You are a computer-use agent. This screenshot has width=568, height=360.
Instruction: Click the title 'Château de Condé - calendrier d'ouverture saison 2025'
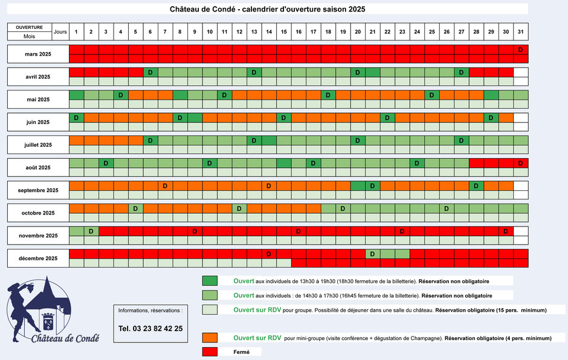point(267,9)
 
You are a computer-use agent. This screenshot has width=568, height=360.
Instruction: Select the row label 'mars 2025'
point(38,54)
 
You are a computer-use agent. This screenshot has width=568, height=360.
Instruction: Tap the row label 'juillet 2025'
point(38,145)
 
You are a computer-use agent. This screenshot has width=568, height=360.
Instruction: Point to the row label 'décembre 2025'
point(38,259)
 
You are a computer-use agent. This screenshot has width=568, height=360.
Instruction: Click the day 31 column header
point(520,31)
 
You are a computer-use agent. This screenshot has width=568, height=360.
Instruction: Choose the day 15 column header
point(284,31)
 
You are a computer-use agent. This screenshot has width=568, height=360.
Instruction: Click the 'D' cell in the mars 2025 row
point(520,50)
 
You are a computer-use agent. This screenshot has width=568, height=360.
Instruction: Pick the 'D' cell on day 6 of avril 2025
point(150,72)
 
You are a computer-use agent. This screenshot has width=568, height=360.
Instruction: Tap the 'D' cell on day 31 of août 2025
point(520,163)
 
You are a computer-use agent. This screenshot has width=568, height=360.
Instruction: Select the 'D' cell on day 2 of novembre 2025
point(91,231)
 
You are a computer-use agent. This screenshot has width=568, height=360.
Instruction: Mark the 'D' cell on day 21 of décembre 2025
point(372,254)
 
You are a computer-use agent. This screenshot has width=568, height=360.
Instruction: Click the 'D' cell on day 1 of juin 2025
point(77,118)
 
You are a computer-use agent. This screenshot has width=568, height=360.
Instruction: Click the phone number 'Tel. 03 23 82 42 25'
point(150,329)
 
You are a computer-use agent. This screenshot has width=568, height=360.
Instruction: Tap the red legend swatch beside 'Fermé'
point(210,352)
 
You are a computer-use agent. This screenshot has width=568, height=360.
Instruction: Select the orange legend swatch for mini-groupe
point(210,338)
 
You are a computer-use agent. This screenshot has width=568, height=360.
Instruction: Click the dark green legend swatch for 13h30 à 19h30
point(210,281)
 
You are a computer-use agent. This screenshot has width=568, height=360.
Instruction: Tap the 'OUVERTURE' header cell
point(29,28)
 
